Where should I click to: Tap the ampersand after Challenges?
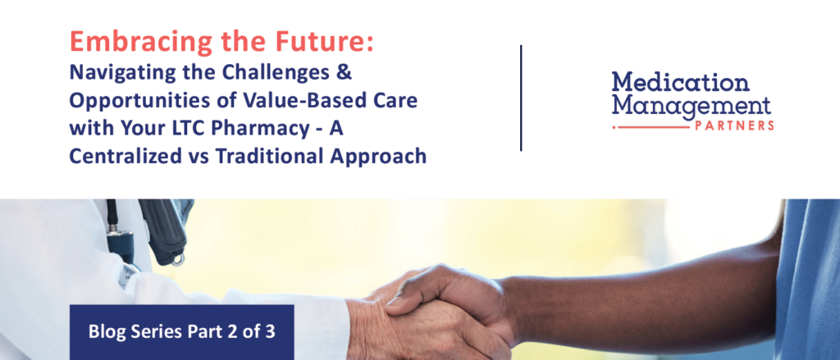tap(345, 72)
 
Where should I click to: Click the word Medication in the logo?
tap(680, 83)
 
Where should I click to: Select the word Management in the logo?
tap(692, 106)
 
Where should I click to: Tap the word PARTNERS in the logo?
tap(733, 126)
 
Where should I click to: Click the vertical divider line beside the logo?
tap(521, 98)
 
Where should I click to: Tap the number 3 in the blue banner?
tap(270, 331)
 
